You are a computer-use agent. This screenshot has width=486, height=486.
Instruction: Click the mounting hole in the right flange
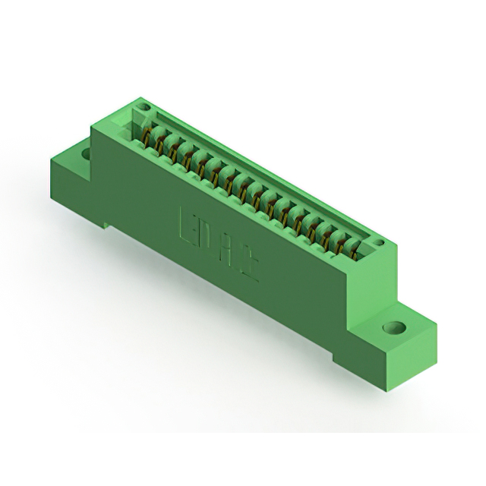[x=393, y=328]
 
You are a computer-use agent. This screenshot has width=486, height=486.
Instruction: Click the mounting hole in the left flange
[x=86, y=154]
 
